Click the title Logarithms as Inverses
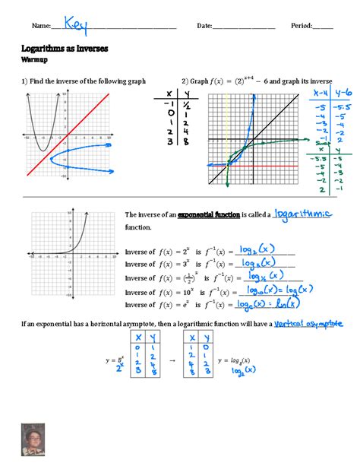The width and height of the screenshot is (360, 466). pyautogui.click(x=65, y=48)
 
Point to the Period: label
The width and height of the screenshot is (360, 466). pyautogui.click(x=302, y=27)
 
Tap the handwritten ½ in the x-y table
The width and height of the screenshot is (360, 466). pyautogui.click(x=185, y=106)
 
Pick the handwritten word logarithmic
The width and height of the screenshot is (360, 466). pyautogui.click(x=302, y=214)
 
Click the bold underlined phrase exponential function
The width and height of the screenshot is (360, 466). pyautogui.click(x=208, y=215)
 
